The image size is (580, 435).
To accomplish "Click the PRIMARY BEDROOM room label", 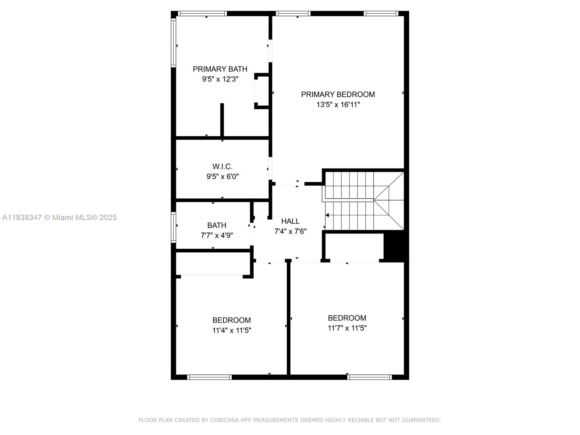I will [x=338, y=94].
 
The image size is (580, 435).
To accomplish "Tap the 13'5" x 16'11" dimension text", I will [x=338, y=105].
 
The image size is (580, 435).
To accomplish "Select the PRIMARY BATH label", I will [x=220, y=69].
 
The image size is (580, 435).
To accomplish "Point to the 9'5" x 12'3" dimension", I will [x=220, y=79].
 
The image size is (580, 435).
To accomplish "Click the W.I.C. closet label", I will [x=223, y=166].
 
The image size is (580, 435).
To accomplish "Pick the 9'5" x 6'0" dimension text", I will [x=223, y=177].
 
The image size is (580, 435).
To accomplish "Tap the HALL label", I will [x=290, y=221].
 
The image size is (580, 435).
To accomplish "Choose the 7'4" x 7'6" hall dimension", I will [x=290, y=231].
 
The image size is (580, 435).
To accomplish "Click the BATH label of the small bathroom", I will [x=217, y=225].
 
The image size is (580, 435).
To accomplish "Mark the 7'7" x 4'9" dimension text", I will [x=217, y=235].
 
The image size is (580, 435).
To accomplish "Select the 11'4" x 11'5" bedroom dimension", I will [x=232, y=330].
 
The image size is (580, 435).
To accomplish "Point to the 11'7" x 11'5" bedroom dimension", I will [x=347, y=328].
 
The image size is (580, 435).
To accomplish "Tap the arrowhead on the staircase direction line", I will [x=327, y=215].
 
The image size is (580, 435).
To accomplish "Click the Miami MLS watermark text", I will [x=59, y=217].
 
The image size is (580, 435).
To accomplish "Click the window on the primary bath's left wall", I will [x=174, y=43].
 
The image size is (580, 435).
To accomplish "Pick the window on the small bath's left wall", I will [x=174, y=227].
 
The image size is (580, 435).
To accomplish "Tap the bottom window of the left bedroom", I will [x=210, y=377].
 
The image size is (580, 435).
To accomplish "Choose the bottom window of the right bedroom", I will [x=369, y=377].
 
